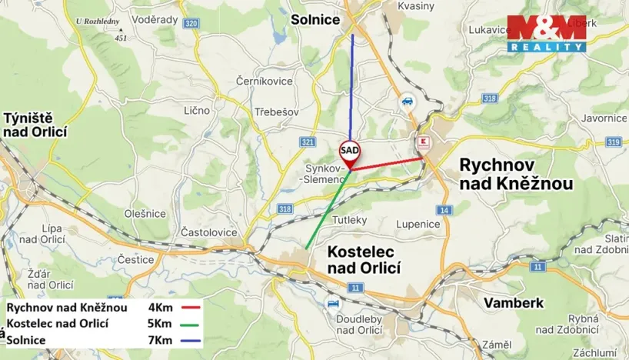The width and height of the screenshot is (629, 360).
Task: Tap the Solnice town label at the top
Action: [x=315, y=20]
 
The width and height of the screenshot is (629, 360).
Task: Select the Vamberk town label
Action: [x=514, y=303]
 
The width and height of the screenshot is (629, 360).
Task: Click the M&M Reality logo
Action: [x=546, y=34]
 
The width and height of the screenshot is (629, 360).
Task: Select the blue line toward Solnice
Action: [x=353, y=85]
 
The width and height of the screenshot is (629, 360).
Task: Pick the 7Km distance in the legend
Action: [x=159, y=339]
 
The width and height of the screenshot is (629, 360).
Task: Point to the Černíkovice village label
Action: [x=265, y=81]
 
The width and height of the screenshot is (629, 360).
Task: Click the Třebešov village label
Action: [x=276, y=112]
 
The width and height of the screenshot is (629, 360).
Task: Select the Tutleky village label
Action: [x=350, y=219]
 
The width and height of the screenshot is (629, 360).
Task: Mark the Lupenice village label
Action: [x=418, y=224]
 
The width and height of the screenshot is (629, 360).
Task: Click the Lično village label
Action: [x=197, y=110]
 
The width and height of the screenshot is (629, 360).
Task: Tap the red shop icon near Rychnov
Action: [x=422, y=142]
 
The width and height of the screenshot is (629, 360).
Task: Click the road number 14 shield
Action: [x=444, y=210]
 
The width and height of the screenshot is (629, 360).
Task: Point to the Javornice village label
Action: [x=604, y=118]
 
